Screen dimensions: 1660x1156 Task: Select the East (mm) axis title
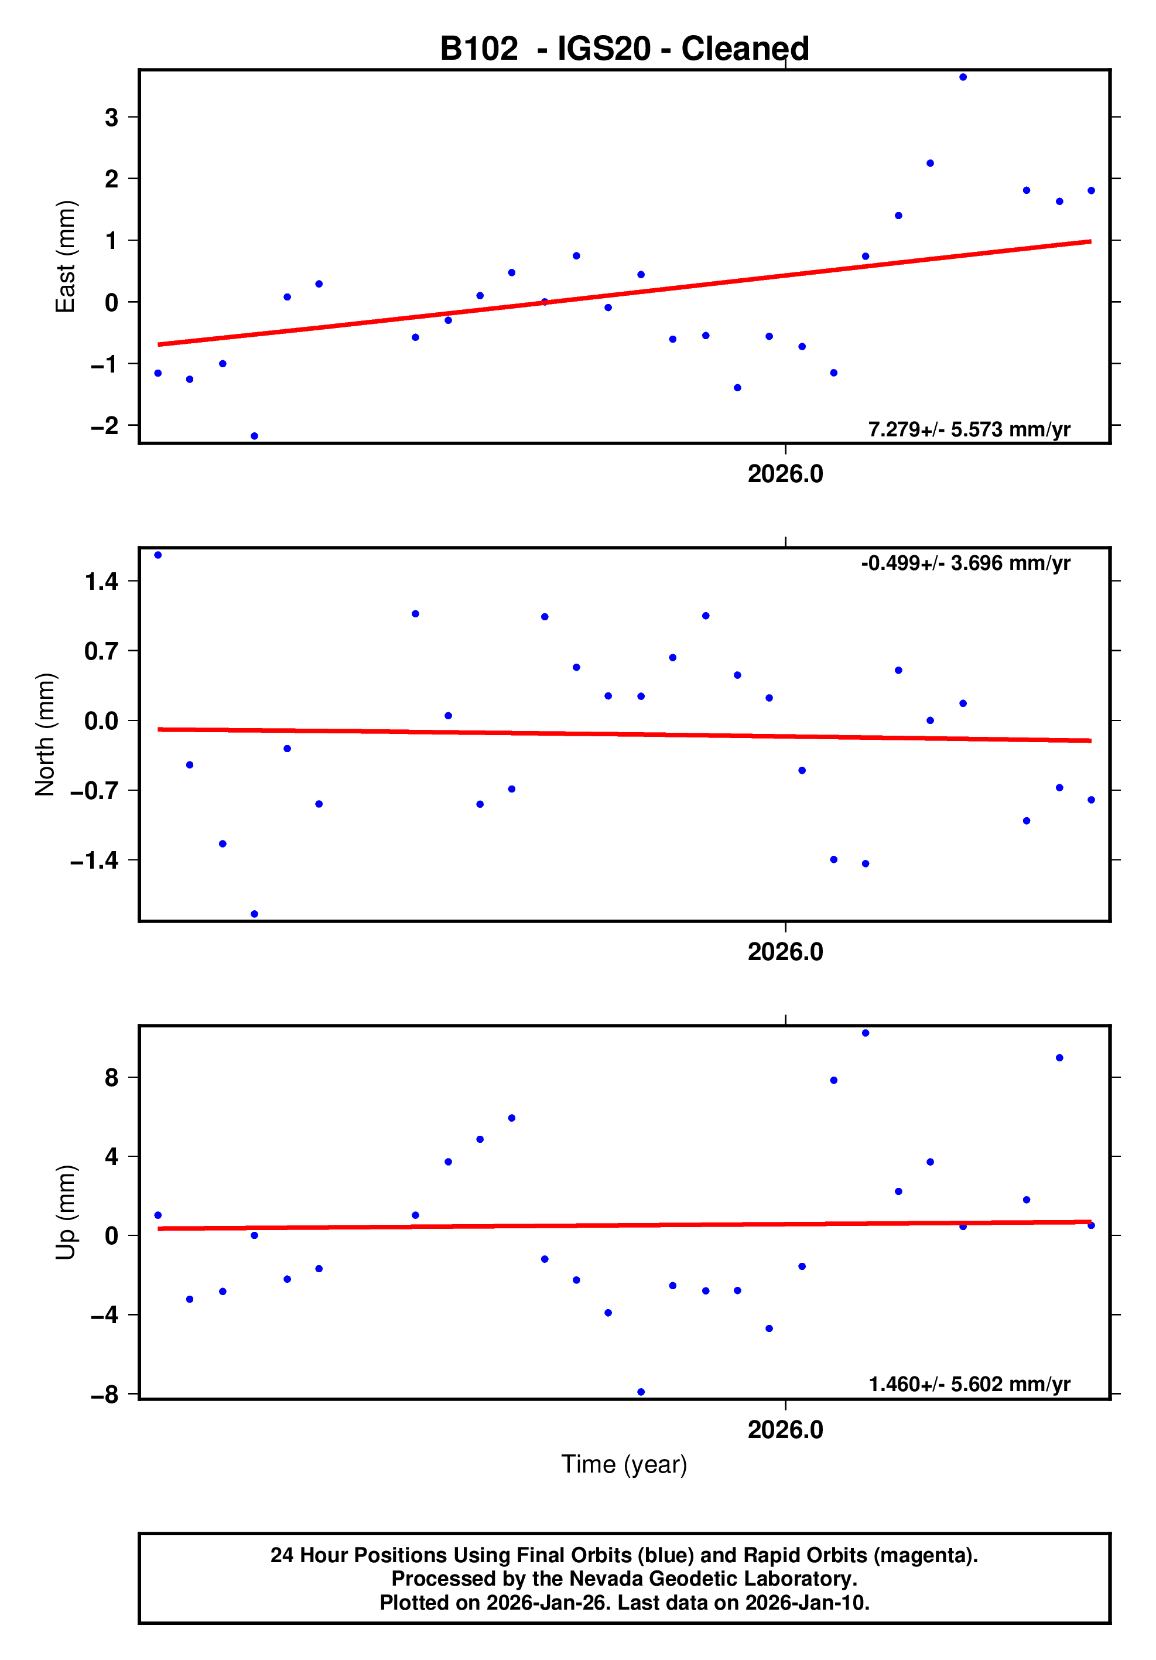point(65,257)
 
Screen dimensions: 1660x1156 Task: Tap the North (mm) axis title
point(45,735)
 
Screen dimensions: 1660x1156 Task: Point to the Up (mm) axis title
point(65,1212)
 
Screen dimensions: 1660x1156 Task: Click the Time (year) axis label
point(624,1464)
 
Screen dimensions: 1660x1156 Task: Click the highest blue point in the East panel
point(963,77)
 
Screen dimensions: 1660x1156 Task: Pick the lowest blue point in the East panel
point(255,436)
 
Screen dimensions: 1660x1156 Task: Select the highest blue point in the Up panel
point(866,1033)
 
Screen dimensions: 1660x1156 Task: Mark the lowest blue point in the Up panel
point(641,1392)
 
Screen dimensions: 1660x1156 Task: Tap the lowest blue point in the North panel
point(255,914)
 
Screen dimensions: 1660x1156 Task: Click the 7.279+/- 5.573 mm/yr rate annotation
point(969,429)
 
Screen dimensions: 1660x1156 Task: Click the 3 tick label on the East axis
point(111,117)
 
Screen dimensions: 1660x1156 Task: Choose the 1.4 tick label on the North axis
point(101,581)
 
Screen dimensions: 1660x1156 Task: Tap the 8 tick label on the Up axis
point(111,1078)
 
